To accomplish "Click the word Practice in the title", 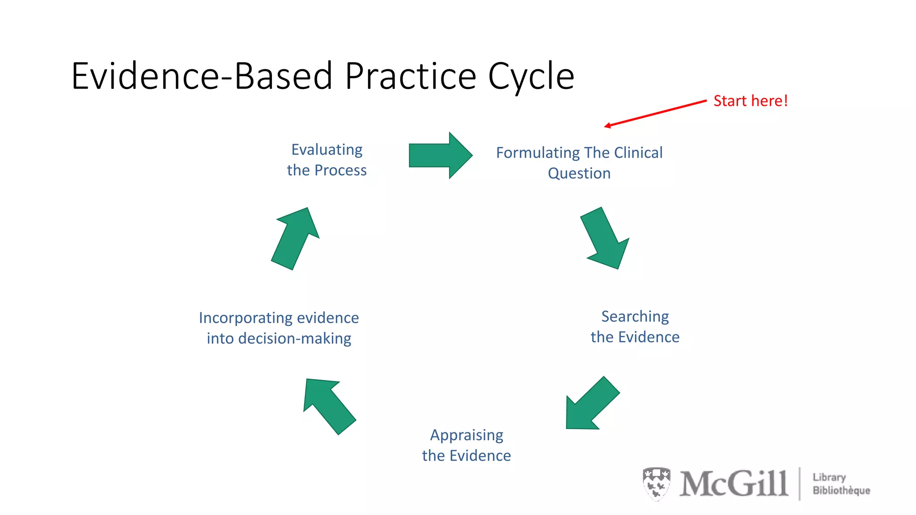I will pyautogui.click(x=410, y=76).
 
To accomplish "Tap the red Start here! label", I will pyautogui.click(x=750, y=101).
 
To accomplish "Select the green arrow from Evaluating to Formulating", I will pyautogui.click(x=440, y=156).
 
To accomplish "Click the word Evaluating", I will pyautogui.click(x=327, y=150).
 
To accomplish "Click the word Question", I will pyautogui.click(x=579, y=173).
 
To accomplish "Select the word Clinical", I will pyautogui.click(x=638, y=153).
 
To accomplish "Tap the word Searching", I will pyautogui.click(x=635, y=317).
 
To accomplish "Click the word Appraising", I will pyautogui.click(x=466, y=435).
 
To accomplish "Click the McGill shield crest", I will pyautogui.click(x=656, y=483).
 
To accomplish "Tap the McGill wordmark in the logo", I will pyautogui.click(x=734, y=484).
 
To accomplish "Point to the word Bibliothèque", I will pyautogui.click(x=841, y=491).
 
